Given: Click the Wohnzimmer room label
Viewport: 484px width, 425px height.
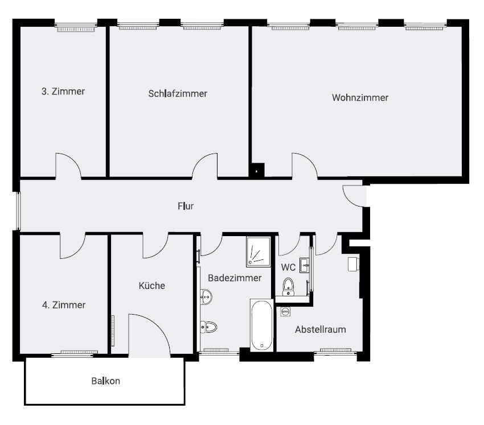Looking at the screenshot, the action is pos(360,98).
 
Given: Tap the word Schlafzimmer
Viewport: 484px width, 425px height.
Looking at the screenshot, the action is pos(178,93).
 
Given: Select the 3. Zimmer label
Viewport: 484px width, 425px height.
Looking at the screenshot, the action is pos(63,91).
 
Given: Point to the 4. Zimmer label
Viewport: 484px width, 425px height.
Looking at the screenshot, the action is pos(64,305).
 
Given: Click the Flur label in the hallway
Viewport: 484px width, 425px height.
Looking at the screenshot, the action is pos(186,206).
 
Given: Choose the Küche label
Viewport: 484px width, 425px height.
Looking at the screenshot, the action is pos(152,286).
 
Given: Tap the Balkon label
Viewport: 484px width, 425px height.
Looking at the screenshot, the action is pos(105,381).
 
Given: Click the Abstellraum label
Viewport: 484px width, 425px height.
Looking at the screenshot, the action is pos(321,329).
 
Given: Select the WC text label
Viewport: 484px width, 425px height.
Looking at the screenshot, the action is pos(288,267).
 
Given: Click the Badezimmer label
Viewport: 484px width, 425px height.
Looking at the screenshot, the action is pos(235,278).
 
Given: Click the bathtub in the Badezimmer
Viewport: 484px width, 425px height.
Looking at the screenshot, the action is pos(262,325).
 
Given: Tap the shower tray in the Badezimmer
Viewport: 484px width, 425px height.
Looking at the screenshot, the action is pos(259,251).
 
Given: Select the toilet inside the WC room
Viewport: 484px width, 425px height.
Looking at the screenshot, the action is pos(289,286).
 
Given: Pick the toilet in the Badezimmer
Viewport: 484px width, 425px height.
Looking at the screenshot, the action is pos(208,327).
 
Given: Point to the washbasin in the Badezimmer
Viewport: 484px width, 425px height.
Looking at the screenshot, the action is pos(206,296).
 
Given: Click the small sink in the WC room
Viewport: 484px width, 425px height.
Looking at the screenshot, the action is pos(305,265).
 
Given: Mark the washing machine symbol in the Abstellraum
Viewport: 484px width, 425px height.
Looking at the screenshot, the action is pos(285,312).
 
